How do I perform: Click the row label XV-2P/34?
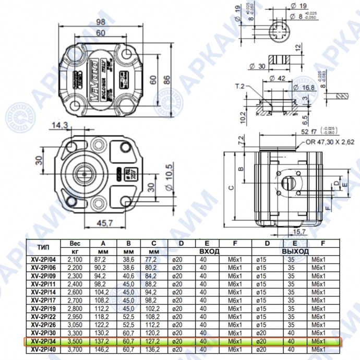(x=43, y=341)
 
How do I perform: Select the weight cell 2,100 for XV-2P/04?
(x=75, y=259)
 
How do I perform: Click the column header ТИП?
(x=44, y=247)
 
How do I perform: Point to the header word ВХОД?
(x=208, y=251)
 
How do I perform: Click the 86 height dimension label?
(x=167, y=80)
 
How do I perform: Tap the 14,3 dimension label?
(x=60, y=125)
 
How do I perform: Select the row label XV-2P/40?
(x=43, y=349)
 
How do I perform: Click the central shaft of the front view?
(x=83, y=171)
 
